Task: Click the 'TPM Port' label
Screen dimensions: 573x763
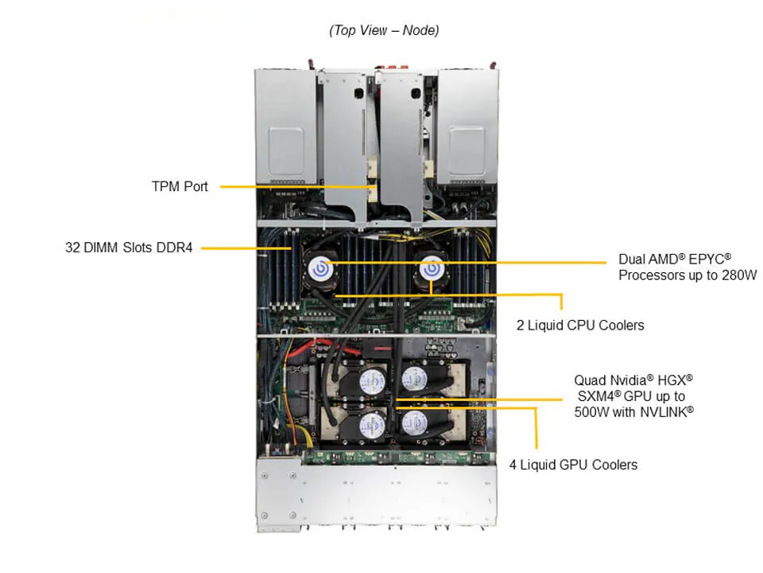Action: [x=180, y=186]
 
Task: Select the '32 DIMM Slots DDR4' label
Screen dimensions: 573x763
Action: [x=129, y=248]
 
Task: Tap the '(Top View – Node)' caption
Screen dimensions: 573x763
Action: [x=384, y=30]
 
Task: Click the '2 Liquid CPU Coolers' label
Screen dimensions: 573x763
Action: [x=580, y=325]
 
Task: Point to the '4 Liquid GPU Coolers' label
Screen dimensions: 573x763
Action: [x=573, y=464]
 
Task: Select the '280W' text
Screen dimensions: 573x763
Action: [x=738, y=275]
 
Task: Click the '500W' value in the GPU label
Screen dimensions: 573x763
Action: [x=591, y=411]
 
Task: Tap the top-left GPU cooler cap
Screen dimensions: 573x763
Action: [x=370, y=380]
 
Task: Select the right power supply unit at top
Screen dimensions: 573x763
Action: [x=470, y=135]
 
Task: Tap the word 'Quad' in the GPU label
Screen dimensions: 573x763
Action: [x=589, y=380]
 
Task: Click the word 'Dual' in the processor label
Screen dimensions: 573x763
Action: [x=633, y=260]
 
